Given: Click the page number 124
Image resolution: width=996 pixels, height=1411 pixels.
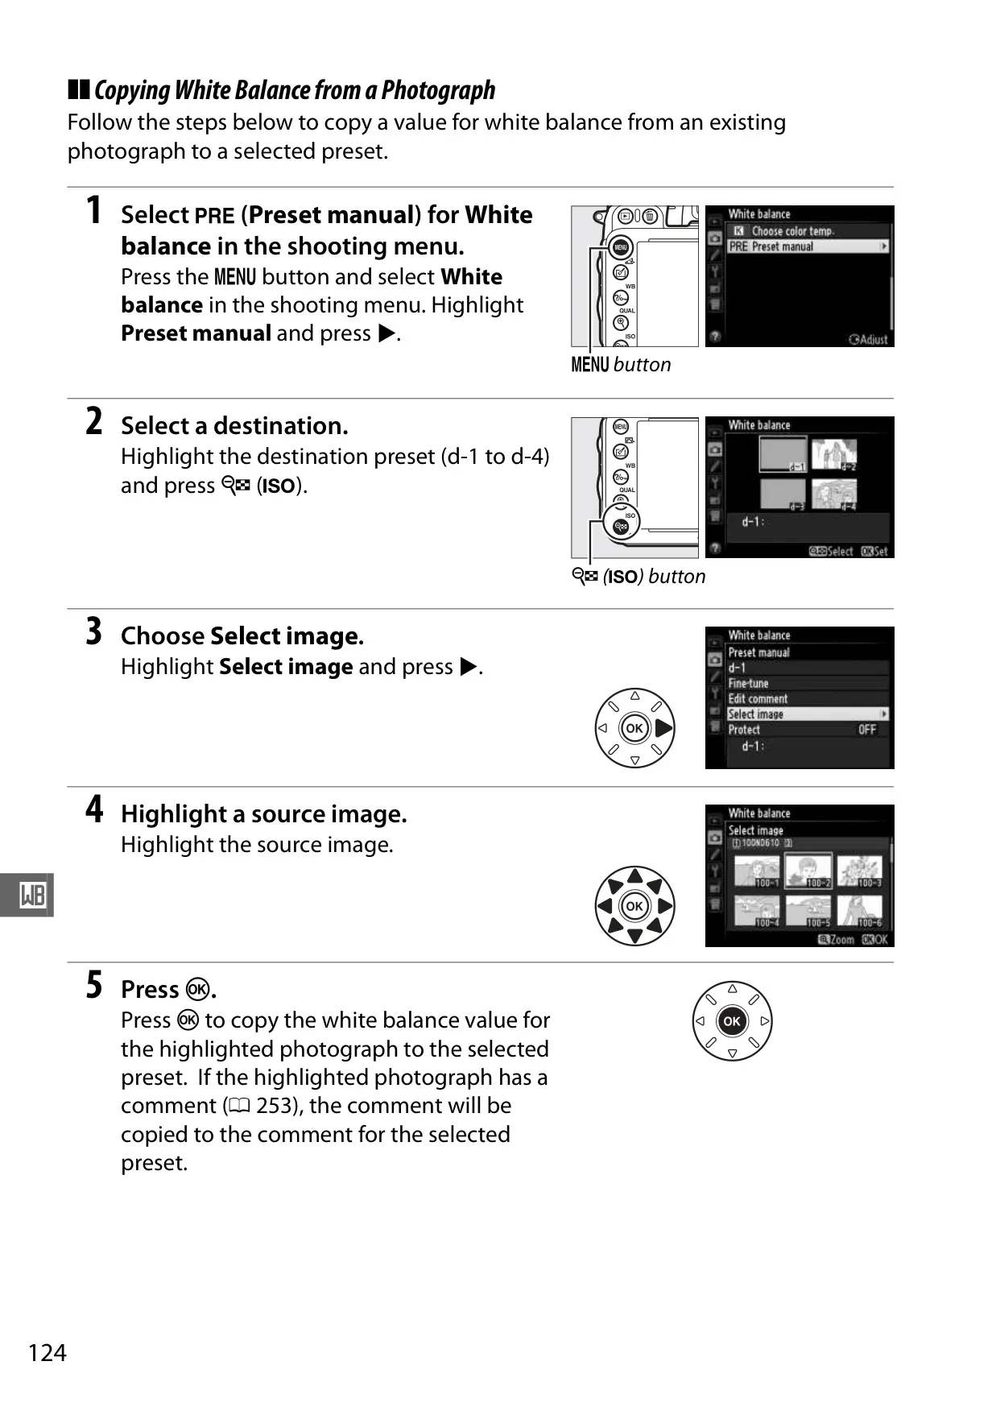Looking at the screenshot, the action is tap(48, 1352).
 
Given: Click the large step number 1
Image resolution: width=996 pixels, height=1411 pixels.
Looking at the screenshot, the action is tap(94, 211).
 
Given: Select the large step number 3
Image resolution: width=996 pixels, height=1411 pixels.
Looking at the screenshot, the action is tap(94, 631).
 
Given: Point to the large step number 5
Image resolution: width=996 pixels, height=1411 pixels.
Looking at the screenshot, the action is tap(94, 985).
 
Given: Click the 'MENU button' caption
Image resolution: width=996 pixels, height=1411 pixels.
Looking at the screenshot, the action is tap(621, 365).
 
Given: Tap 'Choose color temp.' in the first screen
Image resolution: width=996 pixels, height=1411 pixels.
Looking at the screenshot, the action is tap(792, 231).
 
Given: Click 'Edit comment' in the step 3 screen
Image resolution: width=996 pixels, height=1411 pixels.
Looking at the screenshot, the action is tap(758, 699).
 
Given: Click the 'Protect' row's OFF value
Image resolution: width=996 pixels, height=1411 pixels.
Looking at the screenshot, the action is tap(867, 730).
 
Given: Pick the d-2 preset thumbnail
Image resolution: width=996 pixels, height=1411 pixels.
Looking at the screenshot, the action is tap(834, 455).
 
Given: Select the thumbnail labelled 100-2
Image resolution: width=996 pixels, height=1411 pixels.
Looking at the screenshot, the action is tap(808, 871).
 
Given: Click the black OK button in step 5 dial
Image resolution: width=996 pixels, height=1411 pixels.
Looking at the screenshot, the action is tap(732, 1021).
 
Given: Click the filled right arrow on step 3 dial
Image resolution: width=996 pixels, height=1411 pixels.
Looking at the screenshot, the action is tap(664, 729).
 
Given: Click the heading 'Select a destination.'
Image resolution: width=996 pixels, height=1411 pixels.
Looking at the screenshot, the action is tap(234, 426).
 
